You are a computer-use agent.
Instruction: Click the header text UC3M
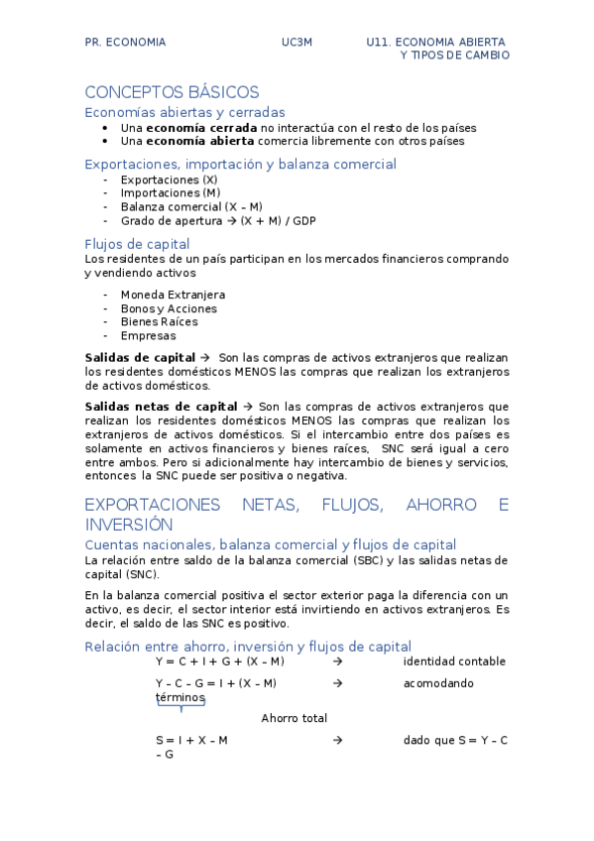coord(296,43)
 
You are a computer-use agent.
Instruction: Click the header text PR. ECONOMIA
coord(125,43)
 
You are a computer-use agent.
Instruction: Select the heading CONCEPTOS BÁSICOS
coord(172,92)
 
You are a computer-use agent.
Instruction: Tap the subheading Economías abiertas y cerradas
coord(184,112)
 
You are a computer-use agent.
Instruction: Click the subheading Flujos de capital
coord(137,244)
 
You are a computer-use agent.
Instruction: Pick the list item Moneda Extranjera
coord(173,295)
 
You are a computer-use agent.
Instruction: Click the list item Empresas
coord(148,335)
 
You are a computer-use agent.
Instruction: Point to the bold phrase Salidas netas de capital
coord(161,407)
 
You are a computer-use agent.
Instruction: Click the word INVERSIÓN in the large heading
coord(129,525)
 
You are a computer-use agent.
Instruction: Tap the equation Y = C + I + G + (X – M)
coord(219,661)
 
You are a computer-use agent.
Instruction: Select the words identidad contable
coord(454,661)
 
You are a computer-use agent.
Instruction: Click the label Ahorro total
coord(295,718)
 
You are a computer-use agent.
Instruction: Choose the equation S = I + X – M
coord(191,741)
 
